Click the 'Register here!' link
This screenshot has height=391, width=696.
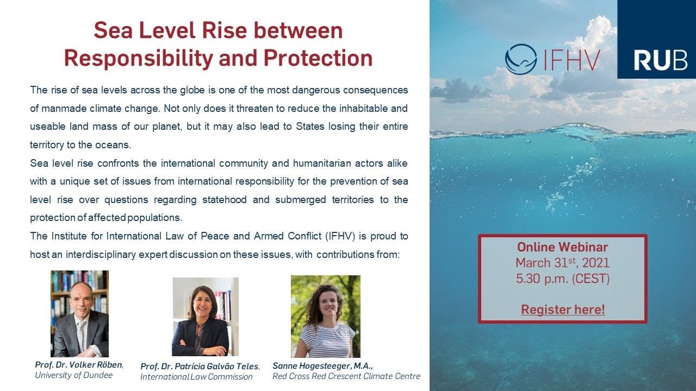click(x=563, y=310)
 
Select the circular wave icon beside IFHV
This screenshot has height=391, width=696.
click(x=520, y=59)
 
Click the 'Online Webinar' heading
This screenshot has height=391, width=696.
click(x=563, y=247)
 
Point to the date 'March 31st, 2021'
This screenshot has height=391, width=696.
click(x=563, y=263)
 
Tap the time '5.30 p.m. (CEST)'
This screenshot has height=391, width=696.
click(x=563, y=279)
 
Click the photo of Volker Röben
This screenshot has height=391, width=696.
click(x=79, y=313)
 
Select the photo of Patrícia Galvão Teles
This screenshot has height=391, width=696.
click(x=206, y=317)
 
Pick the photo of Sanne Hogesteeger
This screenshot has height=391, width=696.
click(x=325, y=316)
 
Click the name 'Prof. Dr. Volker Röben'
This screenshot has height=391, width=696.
click(x=79, y=365)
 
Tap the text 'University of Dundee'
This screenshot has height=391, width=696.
click(x=73, y=375)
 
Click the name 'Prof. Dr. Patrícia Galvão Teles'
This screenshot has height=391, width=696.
click(x=200, y=367)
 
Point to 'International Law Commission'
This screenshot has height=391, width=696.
click(x=196, y=377)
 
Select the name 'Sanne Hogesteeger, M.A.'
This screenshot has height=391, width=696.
click(x=322, y=365)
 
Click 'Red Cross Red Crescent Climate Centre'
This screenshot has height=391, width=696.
click(x=346, y=376)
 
